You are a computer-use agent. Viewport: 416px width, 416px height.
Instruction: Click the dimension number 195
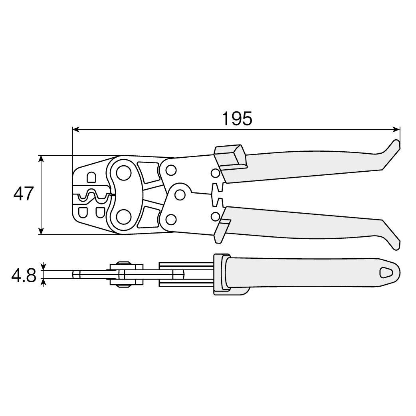(237, 119)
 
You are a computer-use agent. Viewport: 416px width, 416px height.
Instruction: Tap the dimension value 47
(23, 194)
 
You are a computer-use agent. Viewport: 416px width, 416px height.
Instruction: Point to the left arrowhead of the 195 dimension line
(76, 129)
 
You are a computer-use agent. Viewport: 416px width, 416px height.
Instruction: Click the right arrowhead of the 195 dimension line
(396, 129)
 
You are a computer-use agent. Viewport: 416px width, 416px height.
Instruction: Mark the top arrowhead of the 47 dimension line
(41, 159)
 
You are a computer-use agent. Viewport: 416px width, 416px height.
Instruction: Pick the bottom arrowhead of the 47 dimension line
(41, 230)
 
